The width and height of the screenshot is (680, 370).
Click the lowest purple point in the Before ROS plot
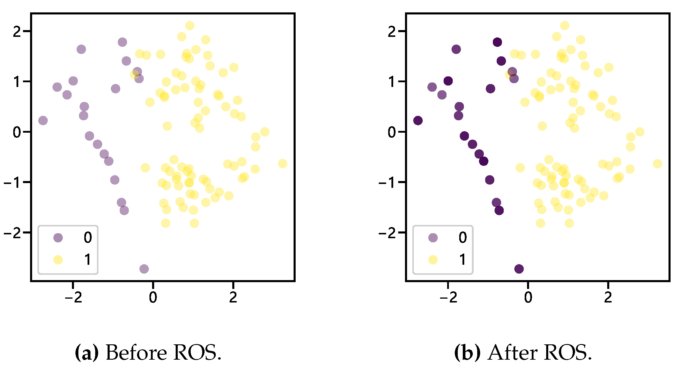(144, 269)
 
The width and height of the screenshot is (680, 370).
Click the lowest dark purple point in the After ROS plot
(519, 269)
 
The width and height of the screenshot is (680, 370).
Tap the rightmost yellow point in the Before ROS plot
(282, 164)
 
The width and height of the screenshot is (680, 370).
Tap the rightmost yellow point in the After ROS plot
(657, 164)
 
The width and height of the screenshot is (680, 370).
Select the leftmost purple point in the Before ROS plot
(43, 120)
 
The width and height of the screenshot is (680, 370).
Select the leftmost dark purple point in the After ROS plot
(418, 120)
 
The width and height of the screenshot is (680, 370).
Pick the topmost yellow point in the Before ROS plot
(190, 26)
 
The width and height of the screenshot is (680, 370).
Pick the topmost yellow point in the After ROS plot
(564, 26)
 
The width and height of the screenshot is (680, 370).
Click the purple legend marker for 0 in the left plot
(58, 238)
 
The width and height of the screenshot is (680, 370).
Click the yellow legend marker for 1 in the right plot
(433, 260)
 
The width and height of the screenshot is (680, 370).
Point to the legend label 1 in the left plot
(88, 260)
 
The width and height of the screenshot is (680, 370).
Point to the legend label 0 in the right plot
(462, 238)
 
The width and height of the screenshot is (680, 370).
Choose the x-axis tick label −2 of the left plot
(73, 298)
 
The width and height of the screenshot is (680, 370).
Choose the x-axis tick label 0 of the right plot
(528, 298)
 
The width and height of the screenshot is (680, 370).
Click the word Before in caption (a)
(136, 353)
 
